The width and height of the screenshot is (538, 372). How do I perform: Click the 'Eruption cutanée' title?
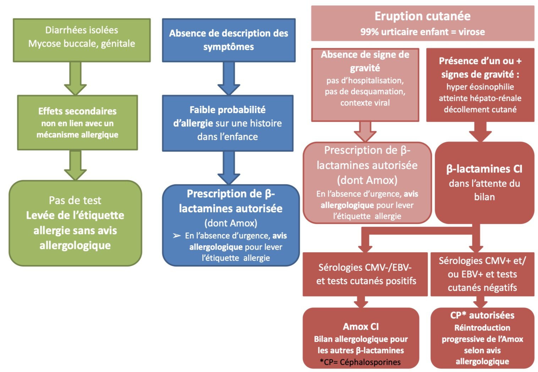[x=422, y=16]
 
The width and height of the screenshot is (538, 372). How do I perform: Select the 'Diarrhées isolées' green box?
[x=82, y=40]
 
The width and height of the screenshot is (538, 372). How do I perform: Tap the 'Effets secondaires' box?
[x=78, y=123]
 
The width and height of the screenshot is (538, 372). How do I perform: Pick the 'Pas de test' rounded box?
[x=76, y=223]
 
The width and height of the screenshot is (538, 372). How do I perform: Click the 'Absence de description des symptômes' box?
[x=229, y=40]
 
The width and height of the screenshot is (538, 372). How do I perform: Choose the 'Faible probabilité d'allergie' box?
[x=228, y=123]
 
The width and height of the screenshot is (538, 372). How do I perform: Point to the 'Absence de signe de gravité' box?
[x=365, y=85]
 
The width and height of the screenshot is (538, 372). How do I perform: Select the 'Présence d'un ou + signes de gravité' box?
[x=480, y=85]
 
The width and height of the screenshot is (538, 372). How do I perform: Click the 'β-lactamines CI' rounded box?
[x=484, y=183]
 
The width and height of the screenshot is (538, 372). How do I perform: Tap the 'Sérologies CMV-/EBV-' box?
[x=365, y=274]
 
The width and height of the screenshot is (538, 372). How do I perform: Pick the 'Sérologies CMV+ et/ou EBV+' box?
[x=482, y=274]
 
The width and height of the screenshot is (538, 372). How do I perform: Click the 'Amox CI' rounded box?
[x=361, y=338]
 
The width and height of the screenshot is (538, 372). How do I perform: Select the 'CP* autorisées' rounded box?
[x=482, y=338]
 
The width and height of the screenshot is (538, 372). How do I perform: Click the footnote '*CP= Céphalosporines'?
[x=360, y=362]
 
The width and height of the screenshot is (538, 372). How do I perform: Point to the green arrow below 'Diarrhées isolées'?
[x=76, y=79]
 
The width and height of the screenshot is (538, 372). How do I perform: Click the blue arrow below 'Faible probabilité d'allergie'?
[x=229, y=168]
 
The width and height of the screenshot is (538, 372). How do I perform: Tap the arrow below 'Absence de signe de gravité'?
[x=365, y=132]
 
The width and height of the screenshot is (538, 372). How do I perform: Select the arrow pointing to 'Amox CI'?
[x=361, y=302]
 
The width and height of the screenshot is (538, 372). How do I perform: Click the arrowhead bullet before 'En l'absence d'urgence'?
[x=177, y=236]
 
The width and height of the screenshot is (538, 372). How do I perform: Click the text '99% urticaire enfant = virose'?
[x=422, y=32]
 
